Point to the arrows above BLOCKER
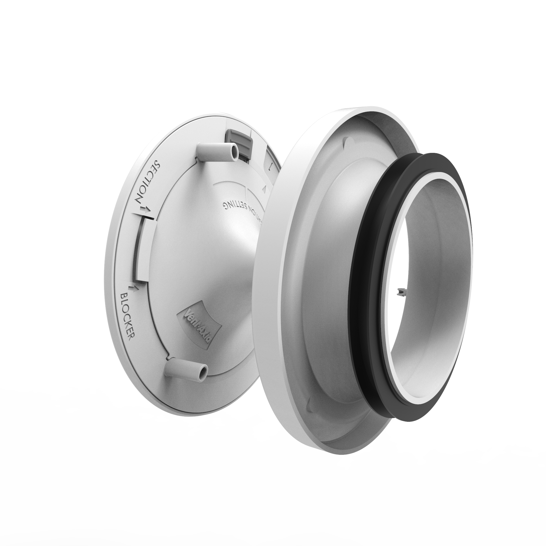click(x=133, y=287)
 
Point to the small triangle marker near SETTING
click(x=264, y=189)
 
